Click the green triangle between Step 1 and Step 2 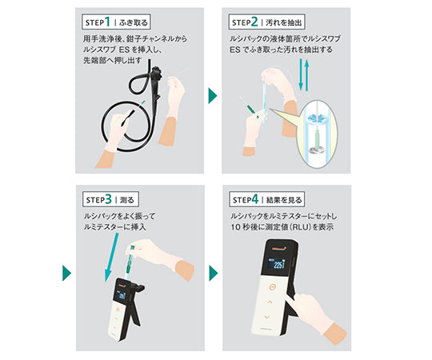click(213, 96)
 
